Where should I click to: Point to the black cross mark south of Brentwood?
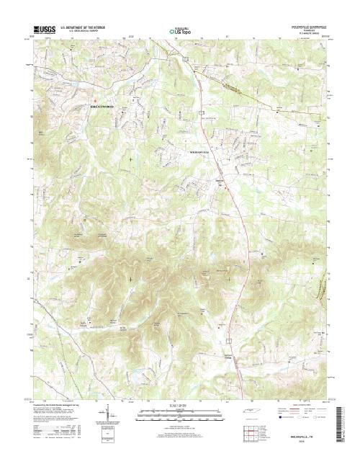pos(130,157)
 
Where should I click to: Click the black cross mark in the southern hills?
pos(130,278)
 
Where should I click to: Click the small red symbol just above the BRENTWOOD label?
pos(94,99)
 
